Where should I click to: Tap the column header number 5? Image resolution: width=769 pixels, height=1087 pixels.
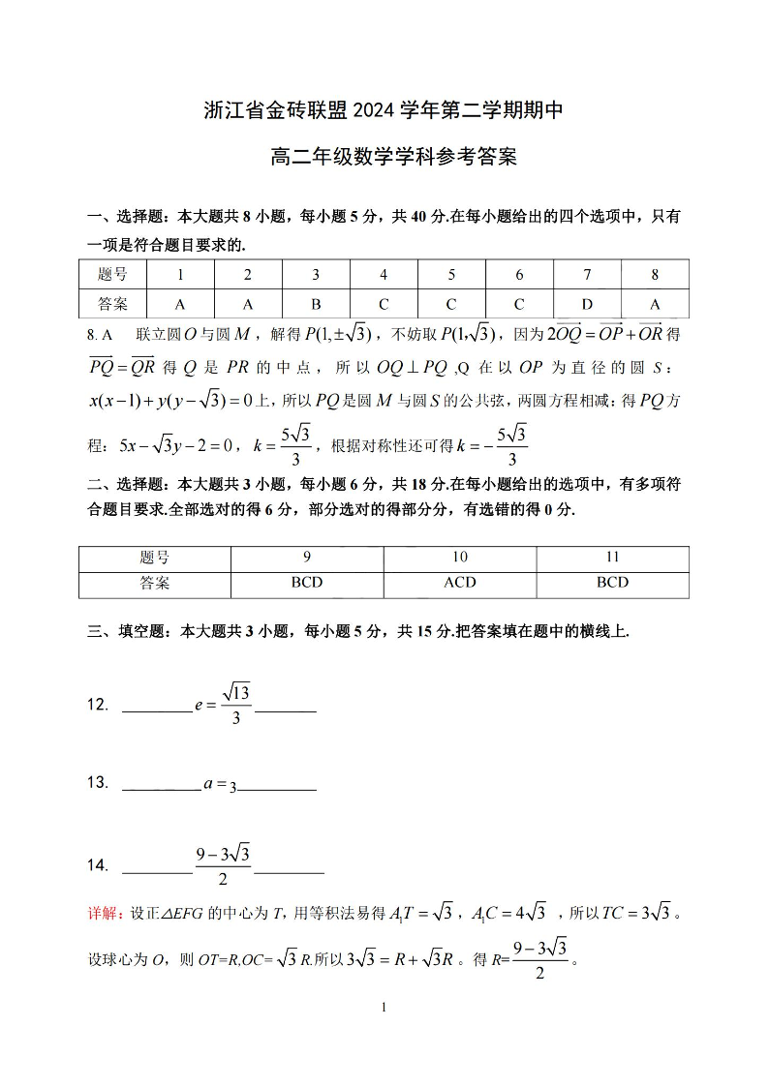[451, 275]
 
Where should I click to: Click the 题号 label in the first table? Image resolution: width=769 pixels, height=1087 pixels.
[112, 275]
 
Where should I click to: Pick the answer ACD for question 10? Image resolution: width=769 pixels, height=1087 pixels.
[459, 583]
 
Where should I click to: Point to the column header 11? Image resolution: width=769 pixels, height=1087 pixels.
[612, 558]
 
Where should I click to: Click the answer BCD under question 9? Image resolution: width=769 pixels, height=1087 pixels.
[307, 583]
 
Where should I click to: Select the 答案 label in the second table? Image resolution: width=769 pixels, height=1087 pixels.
[154, 583]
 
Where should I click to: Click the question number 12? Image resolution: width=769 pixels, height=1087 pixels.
[98, 705]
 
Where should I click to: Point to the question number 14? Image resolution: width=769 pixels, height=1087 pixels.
[98, 865]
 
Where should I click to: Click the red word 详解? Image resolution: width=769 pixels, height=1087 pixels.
[105, 912]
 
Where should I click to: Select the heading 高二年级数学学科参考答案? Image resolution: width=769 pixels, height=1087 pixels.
[384, 157]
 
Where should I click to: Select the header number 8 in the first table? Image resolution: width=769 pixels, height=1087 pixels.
[655, 275]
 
